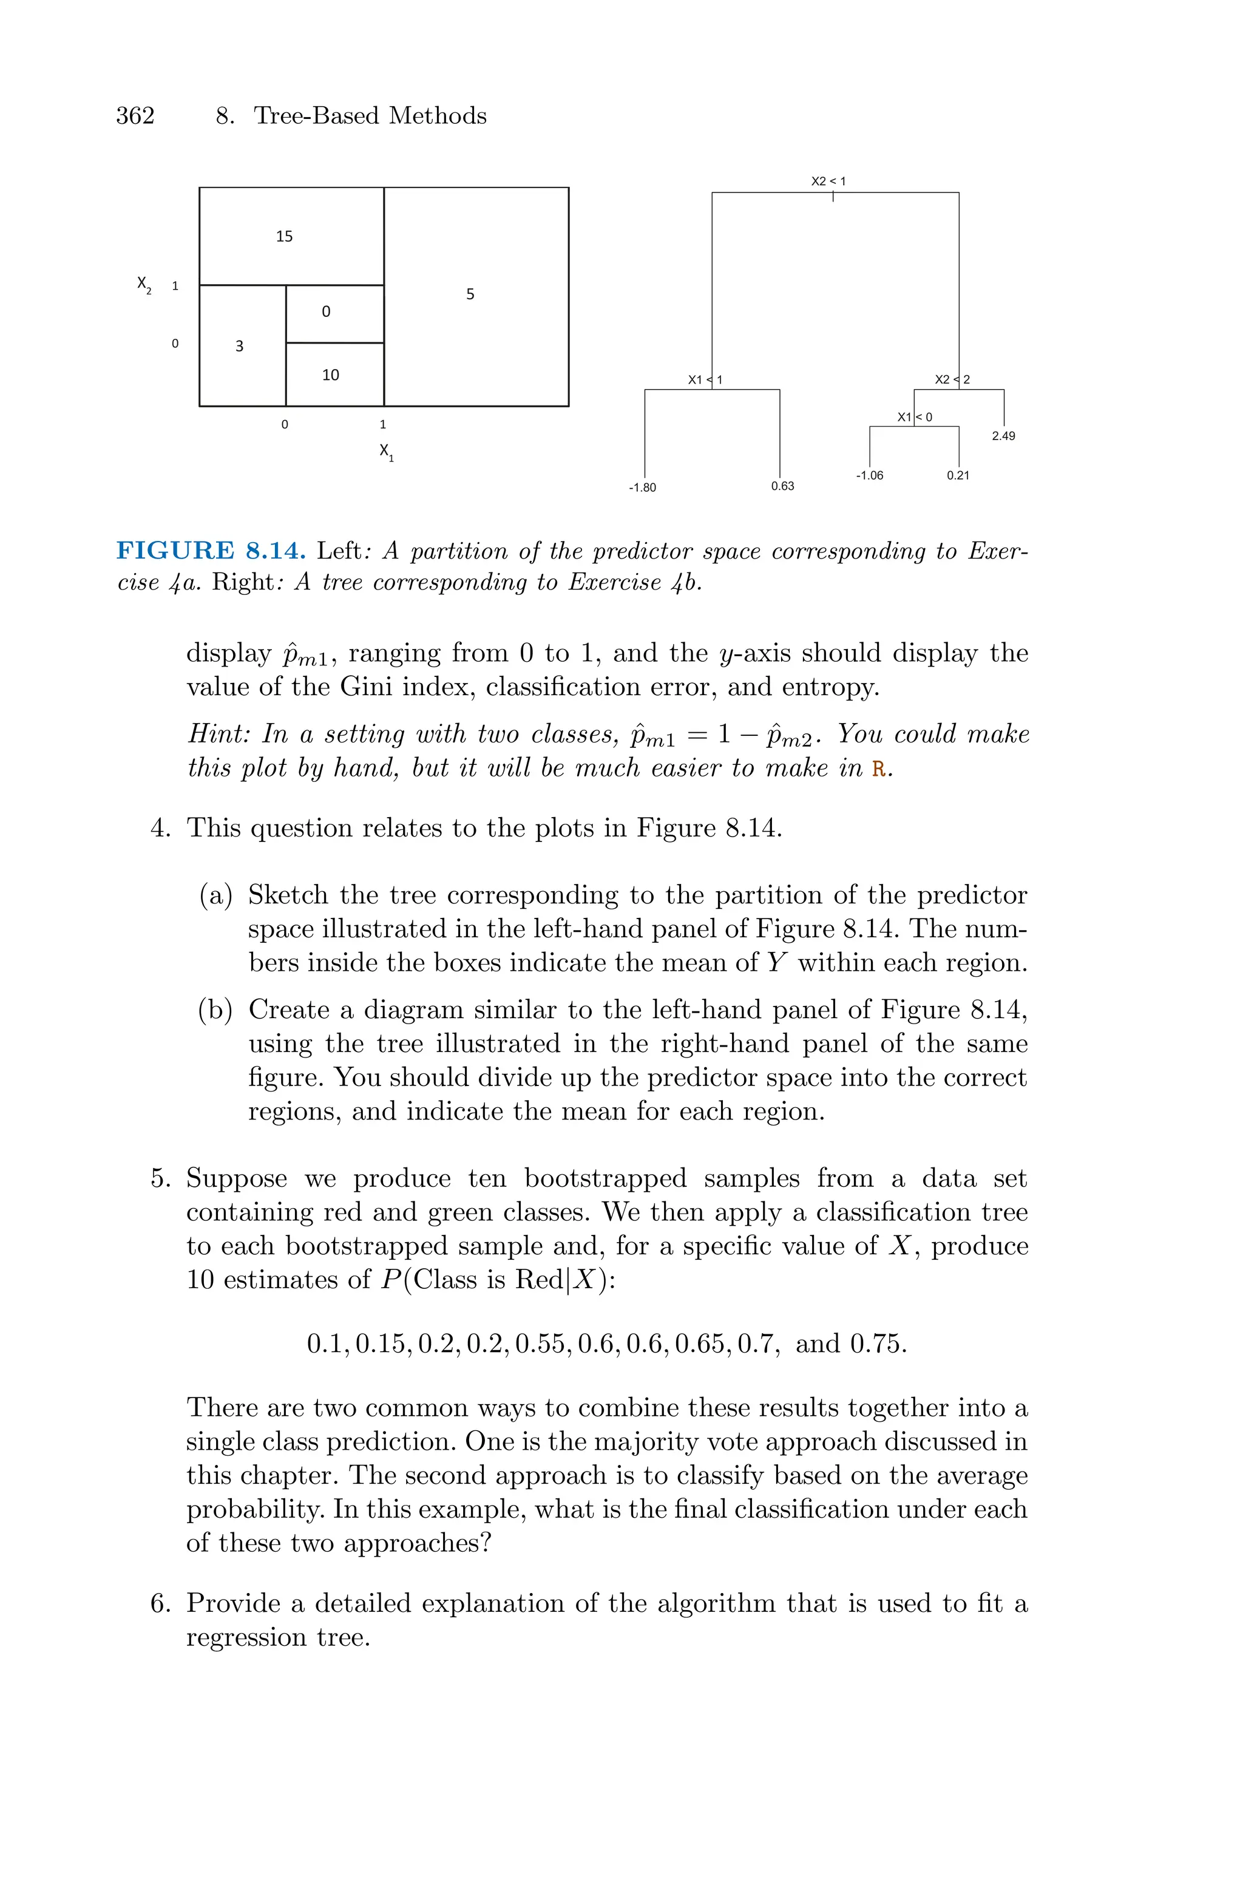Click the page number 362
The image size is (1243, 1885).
[135, 116]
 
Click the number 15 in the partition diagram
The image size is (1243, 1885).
[284, 236]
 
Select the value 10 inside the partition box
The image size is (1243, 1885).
[331, 375]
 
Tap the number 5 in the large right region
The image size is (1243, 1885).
[470, 294]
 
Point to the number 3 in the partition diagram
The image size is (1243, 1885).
[239, 345]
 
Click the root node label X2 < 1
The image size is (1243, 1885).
[828, 182]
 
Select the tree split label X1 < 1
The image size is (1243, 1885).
[705, 379]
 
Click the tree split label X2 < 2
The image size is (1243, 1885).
[952, 379]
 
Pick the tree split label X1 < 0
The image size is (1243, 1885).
[915, 417]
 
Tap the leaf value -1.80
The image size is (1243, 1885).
[642, 487]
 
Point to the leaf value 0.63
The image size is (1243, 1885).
[782, 486]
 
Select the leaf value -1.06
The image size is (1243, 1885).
[870, 475]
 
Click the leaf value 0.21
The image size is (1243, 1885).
[958, 475]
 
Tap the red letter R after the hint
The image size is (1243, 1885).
[878, 769]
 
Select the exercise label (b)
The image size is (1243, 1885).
[215, 1010]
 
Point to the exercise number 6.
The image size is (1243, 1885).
[160, 1603]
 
